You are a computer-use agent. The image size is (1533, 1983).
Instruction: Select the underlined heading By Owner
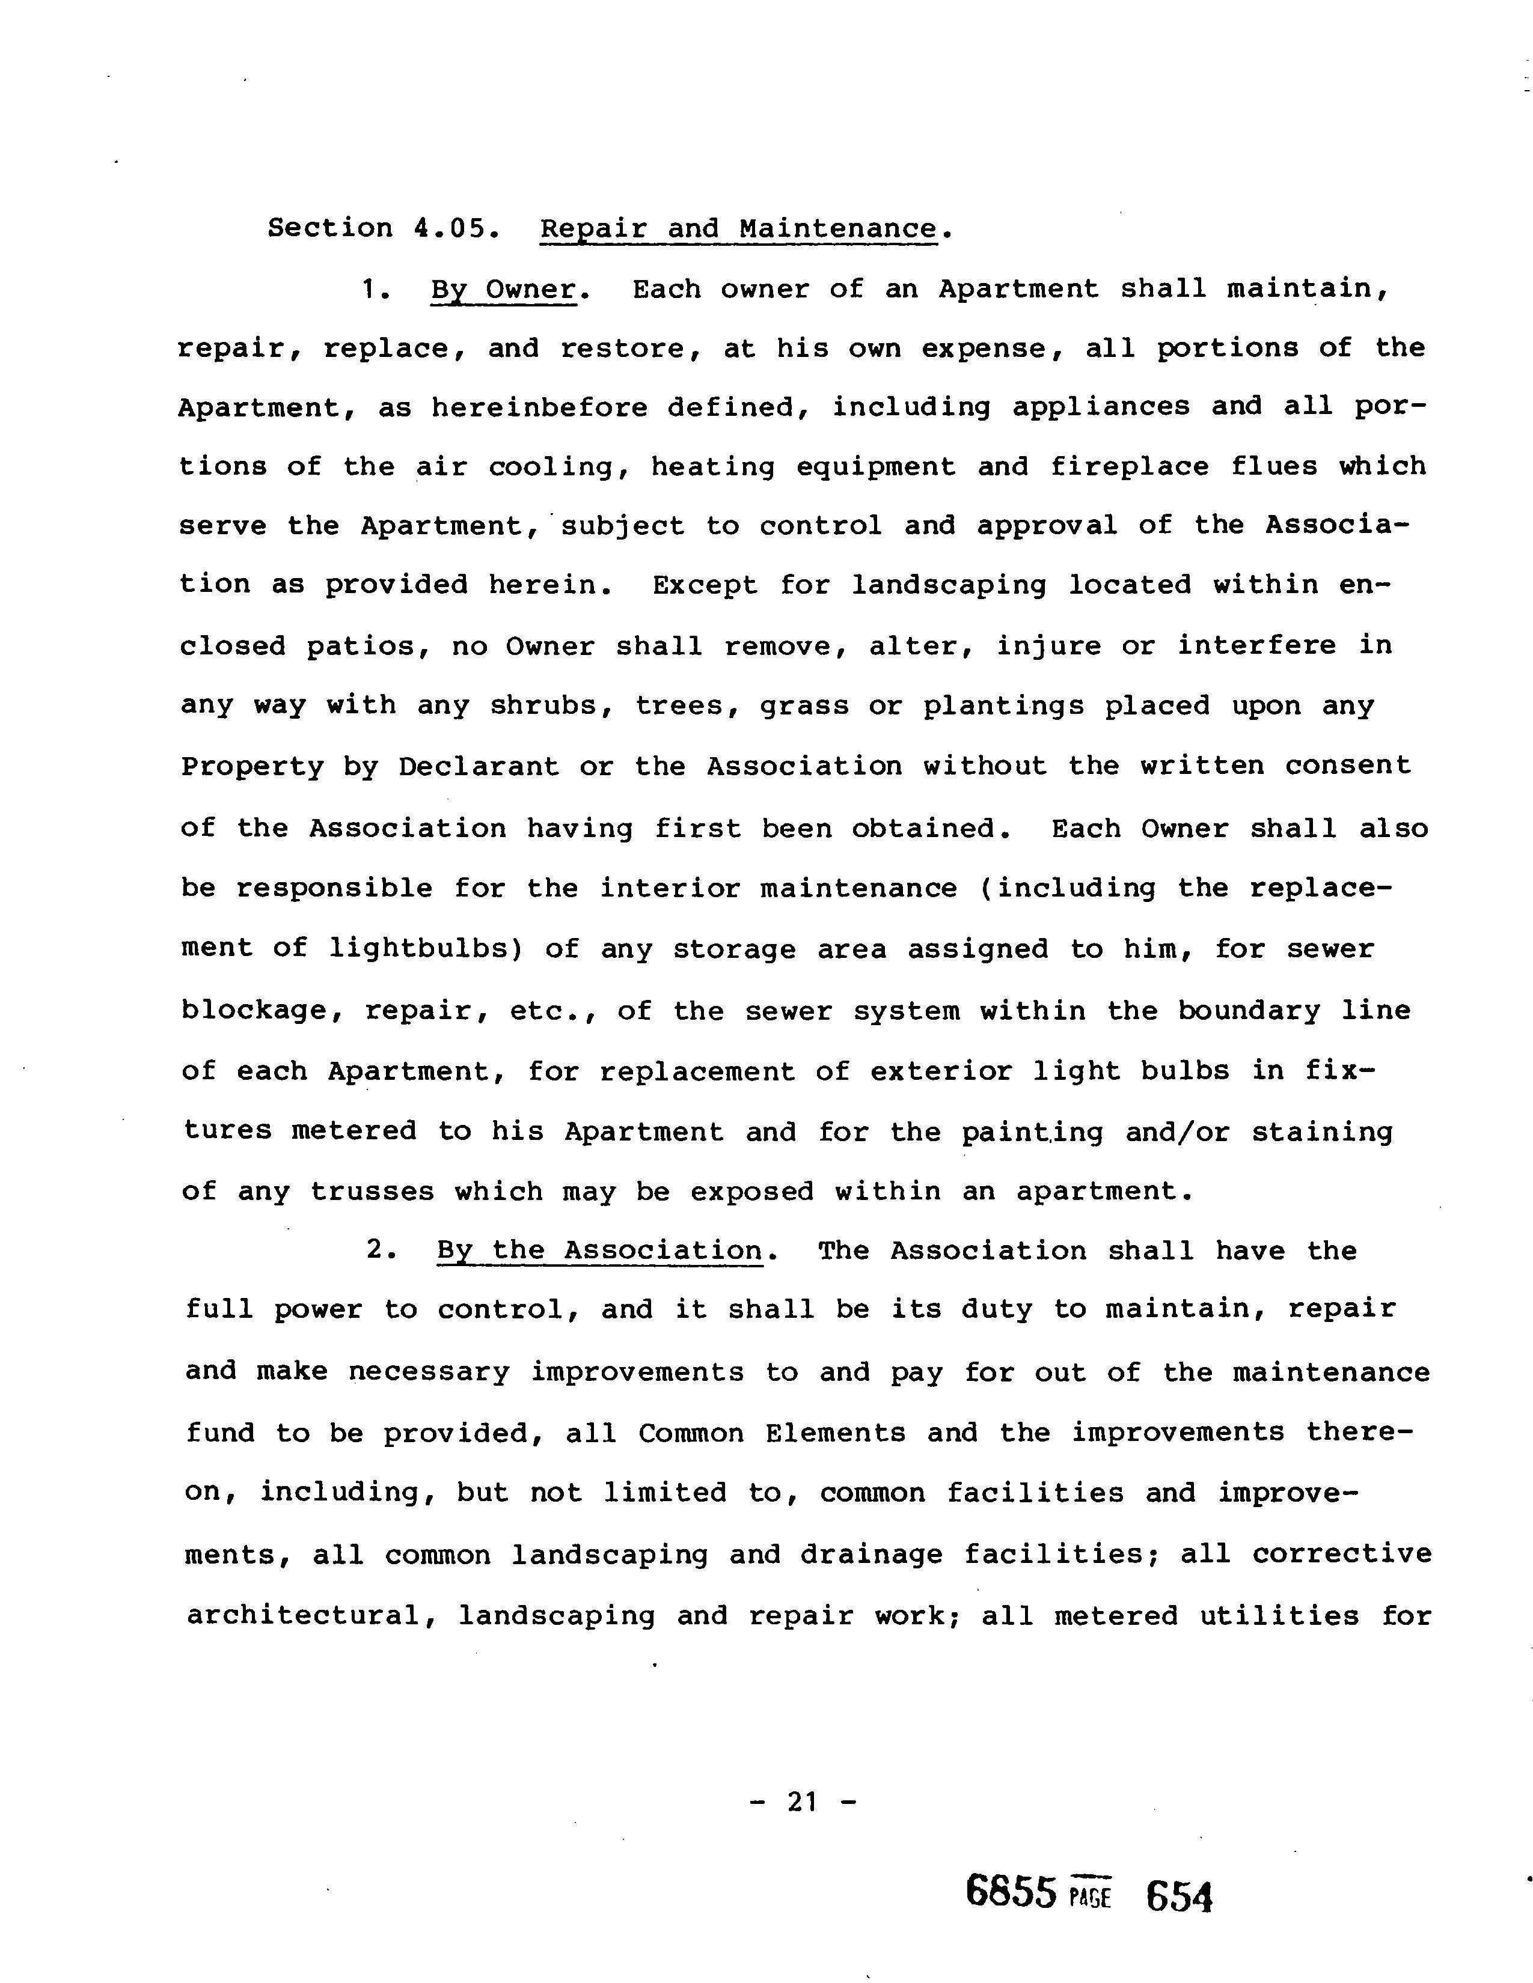pos(503,290)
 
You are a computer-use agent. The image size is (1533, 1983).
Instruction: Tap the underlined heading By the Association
pos(599,1250)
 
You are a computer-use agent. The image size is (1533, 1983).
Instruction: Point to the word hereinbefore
pos(539,407)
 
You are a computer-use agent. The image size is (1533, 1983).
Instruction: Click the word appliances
pos(1101,407)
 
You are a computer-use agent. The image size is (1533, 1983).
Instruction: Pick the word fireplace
pos(1129,467)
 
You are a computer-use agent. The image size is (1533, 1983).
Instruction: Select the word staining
pos(1321,1132)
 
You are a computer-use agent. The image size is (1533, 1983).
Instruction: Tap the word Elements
pos(834,1434)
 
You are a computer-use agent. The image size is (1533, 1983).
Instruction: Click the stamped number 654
pos(1179,1896)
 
